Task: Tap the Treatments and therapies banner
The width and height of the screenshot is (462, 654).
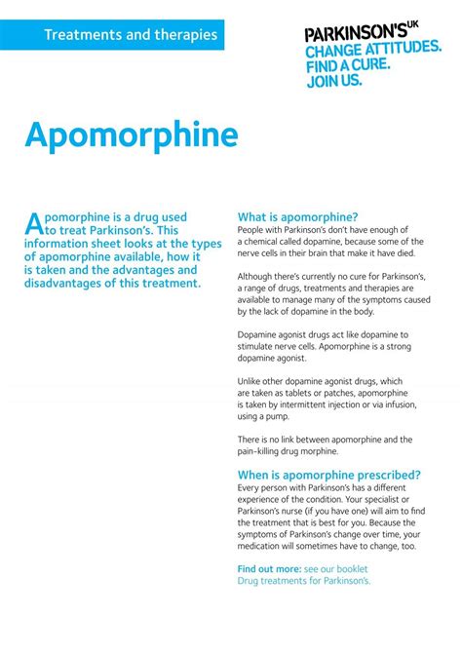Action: tap(130, 35)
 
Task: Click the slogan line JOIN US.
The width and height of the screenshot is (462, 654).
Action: tap(334, 81)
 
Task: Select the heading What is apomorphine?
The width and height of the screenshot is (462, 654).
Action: tap(298, 216)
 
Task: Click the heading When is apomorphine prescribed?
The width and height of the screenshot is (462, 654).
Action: tap(329, 475)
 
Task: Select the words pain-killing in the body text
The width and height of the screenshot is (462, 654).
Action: tap(269, 451)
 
